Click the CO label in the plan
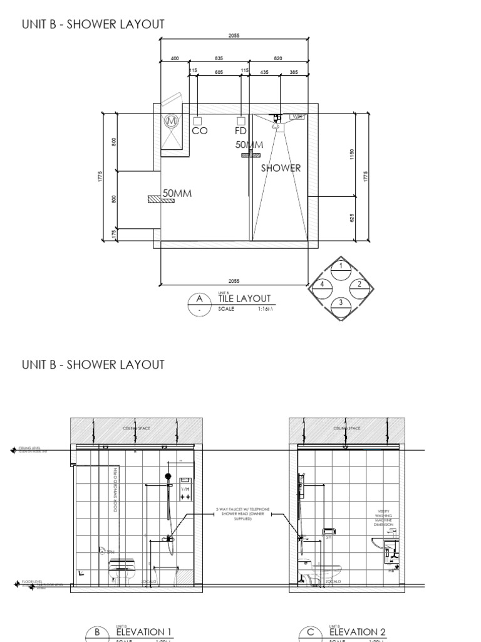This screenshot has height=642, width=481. pos(199,131)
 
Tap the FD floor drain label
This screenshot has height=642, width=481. pos(240,131)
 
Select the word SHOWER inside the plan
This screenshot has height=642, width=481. pos(281,168)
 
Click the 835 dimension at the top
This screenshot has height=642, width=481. pos(219,58)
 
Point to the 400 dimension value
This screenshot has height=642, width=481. pos(175,58)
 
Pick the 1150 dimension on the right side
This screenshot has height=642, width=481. pos(352,154)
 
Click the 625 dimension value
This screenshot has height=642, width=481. pos(352,218)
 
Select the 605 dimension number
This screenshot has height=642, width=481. pos(219,73)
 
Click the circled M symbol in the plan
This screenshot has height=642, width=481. pos(172,120)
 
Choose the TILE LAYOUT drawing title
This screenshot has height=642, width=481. pos(244,299)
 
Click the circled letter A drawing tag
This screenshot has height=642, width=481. pos(200,299)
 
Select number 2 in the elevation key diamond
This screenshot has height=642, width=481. pos(359,284)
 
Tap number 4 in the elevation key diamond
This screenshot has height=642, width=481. pos(322,284)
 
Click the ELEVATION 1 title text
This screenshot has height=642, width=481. pos(143,632)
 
